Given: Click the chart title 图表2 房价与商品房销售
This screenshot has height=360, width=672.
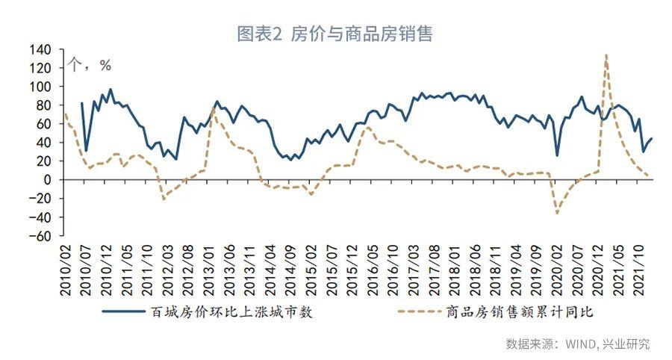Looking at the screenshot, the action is coord(335,34).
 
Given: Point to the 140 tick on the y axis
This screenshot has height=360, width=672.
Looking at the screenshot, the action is coord(40,50).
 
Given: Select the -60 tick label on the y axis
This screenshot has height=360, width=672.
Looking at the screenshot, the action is coord(40,236).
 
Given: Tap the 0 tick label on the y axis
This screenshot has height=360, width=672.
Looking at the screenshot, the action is coord(47,180).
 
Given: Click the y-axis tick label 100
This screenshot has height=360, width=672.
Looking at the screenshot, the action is coord(40,87).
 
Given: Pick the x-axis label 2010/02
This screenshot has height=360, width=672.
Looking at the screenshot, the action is coord(66,270).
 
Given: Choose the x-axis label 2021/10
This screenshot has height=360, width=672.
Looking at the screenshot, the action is coord(639,270).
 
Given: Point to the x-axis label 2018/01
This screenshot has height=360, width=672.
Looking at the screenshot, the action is coord(455,270).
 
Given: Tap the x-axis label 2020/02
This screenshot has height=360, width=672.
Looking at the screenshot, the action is coord(557,270).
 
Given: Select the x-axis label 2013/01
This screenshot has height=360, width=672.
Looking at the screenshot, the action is coord(209,270).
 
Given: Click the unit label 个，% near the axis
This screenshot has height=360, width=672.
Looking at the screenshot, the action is coord(90,65).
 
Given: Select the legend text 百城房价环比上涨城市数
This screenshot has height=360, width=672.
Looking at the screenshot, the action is coord(231,311).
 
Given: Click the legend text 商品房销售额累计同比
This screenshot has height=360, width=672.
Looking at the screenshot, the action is coord(520,311).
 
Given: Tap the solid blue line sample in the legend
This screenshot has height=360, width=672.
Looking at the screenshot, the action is coord(124,311).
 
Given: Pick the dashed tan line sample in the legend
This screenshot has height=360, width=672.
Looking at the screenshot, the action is coord(420,311).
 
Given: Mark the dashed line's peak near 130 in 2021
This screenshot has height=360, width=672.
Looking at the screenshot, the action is coord(606,55).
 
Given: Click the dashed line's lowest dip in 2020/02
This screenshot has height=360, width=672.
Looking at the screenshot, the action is coord(557,213).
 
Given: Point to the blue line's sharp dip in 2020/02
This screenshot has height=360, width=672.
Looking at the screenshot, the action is coord(557,155).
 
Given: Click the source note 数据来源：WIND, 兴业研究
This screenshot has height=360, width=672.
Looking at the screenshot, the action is coord(578,344).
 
